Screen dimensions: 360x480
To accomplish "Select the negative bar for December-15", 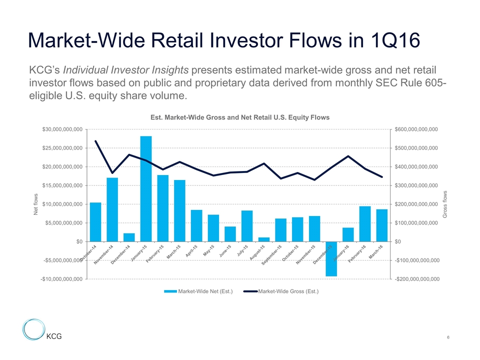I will [x=331, y=258].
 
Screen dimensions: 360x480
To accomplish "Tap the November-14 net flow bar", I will [x=112, y=209].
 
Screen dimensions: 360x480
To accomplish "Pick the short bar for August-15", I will [x=264, y=239].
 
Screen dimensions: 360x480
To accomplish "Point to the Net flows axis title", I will [x=35, y=204].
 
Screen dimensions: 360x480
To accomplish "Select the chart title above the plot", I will [x=240, y=117].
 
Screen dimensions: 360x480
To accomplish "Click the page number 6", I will [x=449, y=338].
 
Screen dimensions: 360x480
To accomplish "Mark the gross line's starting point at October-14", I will [x=95, y=141].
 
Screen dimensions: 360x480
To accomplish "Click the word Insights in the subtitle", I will [x=166, y=68].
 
